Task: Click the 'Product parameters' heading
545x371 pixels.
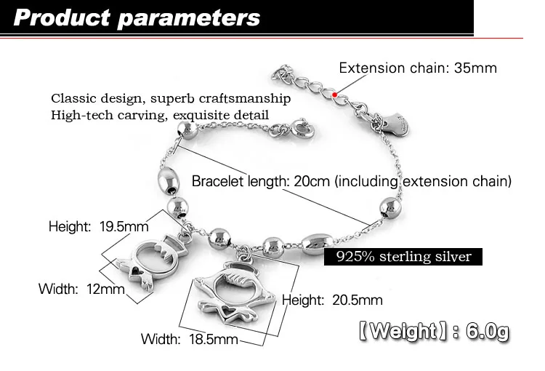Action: click(x=137, y=17)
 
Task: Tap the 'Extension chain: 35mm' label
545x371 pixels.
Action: click(x=418, y=68)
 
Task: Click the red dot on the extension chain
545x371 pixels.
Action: click(x=334, y=94)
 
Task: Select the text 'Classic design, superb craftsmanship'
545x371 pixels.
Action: click(x=171, y=98)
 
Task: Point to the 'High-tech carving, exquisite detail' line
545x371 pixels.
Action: click(x=160, y=115)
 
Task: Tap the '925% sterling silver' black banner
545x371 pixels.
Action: click(x=403, y=257)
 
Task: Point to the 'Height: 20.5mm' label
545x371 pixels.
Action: click(x=332, y=300)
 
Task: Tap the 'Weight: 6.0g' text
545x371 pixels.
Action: click(x=433, y=332)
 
